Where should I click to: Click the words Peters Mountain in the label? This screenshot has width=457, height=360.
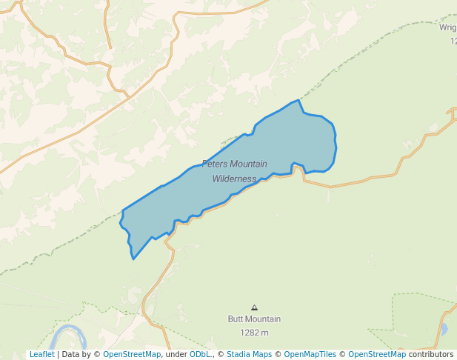pyautogui.click(x=234, y=164)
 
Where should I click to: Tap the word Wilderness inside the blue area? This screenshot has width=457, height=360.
pyautogui.click(x=234, y=179)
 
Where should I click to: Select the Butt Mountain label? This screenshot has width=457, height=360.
pyautogui.click(x=254, y=319)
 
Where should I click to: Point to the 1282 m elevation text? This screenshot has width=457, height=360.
pyautogui.click(x=254, y=333)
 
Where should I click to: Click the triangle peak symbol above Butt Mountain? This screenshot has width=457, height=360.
pyautogui.click(x=255, y=307)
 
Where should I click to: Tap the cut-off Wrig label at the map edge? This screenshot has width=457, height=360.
pyautogui.click(x=448, y=27)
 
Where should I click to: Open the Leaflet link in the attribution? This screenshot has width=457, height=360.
pyautogui.click(x=41, y=354)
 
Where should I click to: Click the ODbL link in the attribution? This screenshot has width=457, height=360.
pyautogui.click(x=200, y=354)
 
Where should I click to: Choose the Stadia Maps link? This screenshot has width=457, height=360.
pyautogui.click(x=249, y=354)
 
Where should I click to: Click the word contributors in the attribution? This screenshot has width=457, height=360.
pyautogui.click(x=430, y=354)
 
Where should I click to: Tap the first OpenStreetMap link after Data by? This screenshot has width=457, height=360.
pyautogui.click(x=132, y=354)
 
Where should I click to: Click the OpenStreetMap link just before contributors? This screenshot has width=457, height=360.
pyautogui.click(x=377, y=354)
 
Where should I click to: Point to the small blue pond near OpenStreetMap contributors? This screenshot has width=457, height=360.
pyautogui.click(x=444, y=328)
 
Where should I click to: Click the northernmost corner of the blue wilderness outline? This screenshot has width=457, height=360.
pyautogui.click(x=298, y=100)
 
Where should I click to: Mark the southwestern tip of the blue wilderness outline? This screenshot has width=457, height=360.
pyautogui.click(x=133, y=259)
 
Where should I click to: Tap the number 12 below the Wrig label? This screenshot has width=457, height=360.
pyautogui.click(x=453, y=41)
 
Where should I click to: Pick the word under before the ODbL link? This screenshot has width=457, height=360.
pyautogui.click(x=177, y=354)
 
